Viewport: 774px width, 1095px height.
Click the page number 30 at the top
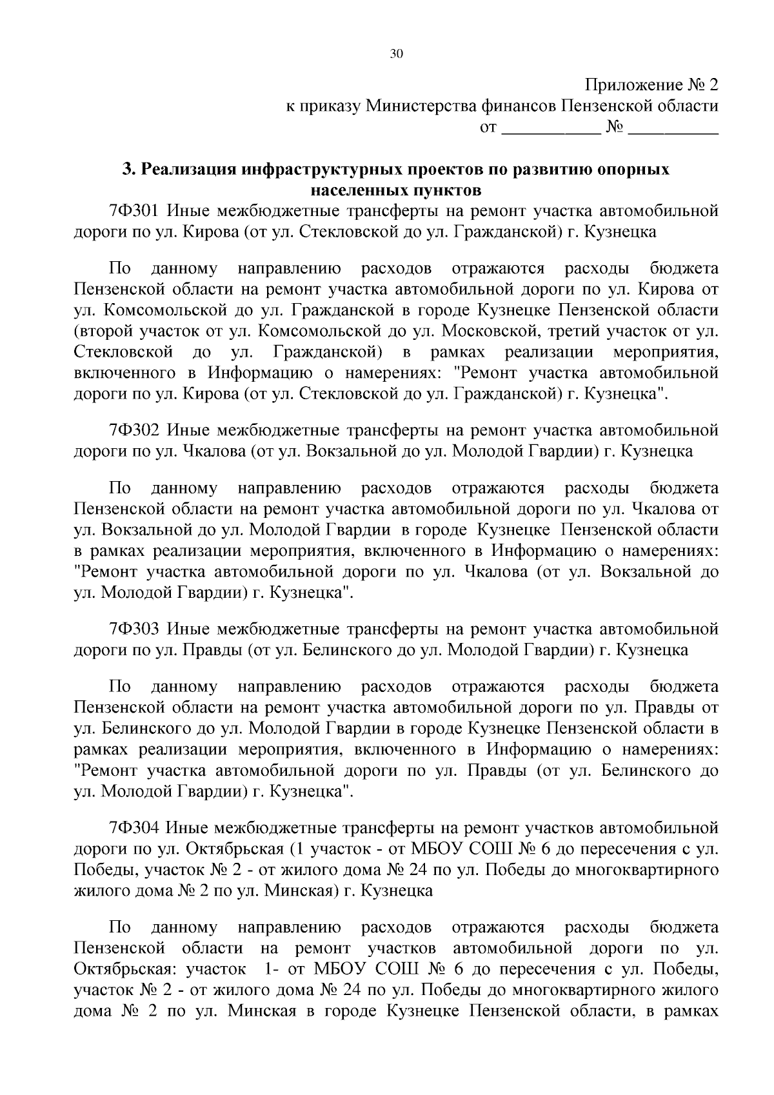click(x=396, y=54)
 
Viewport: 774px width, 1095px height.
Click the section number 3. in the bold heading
click(x=129, y=170)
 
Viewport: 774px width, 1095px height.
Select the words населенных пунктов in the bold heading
click(x=396, y=190)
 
